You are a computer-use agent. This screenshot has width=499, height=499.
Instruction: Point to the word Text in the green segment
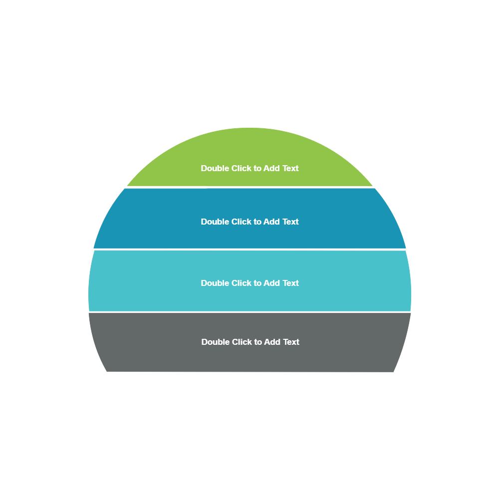(x=290, y=169)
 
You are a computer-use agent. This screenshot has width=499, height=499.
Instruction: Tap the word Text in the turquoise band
(x=290, y=283)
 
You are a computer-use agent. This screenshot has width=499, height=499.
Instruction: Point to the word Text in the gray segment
(x=291, y=342)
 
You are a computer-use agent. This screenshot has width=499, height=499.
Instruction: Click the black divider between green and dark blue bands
(x=249, y=187)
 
